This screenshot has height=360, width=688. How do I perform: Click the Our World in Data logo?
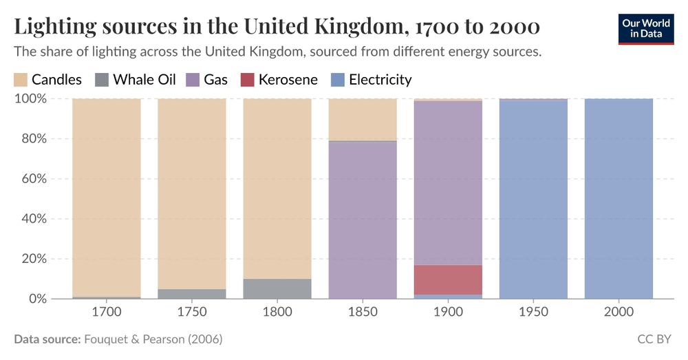click(x=646, y=28)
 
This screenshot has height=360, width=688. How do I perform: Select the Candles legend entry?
click(x=48, y=80)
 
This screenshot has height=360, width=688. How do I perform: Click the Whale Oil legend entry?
click(x=136, y=80)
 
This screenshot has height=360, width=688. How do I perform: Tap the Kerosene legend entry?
click(x=279, y=80)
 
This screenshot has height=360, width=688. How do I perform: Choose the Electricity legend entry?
click(x=372, y=80)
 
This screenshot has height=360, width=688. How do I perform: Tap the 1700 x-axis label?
click(x=106, y=312)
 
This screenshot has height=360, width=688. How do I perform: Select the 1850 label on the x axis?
click(x=363, y=312)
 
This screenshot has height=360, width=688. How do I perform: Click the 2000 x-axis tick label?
click(x=619, y=312)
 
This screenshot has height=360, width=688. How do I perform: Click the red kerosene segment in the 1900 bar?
click(x=448, y=279)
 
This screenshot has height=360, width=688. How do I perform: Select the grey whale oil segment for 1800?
click(x=277, y=288)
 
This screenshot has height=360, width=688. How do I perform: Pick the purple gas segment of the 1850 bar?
click(x=363, y=220)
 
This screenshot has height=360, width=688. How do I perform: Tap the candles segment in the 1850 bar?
click(x=363, y=119)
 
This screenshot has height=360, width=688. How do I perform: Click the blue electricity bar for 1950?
click(x=533, y=200)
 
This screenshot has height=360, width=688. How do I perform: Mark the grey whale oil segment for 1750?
click(x=192, y=294)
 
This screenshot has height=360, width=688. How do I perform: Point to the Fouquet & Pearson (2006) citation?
click(x=153, y=339)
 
